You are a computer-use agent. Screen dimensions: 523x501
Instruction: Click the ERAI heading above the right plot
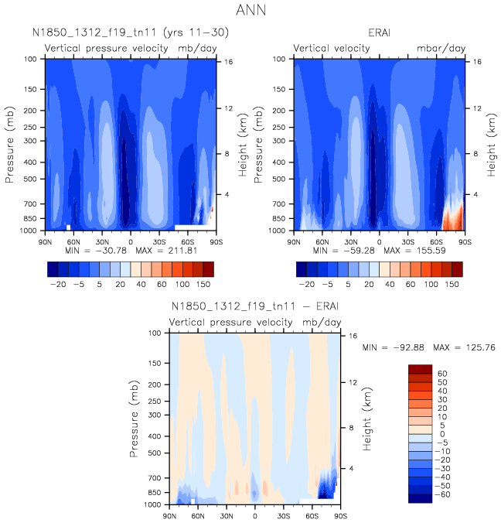379,33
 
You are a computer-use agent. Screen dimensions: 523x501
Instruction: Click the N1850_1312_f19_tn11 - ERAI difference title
254,307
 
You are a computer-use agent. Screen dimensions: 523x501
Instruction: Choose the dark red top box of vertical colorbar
418,369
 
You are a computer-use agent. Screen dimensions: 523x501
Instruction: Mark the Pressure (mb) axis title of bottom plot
136,419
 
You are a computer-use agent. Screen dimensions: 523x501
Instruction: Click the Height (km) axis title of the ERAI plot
490,144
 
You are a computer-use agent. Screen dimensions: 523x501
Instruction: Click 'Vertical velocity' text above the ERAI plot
332,48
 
